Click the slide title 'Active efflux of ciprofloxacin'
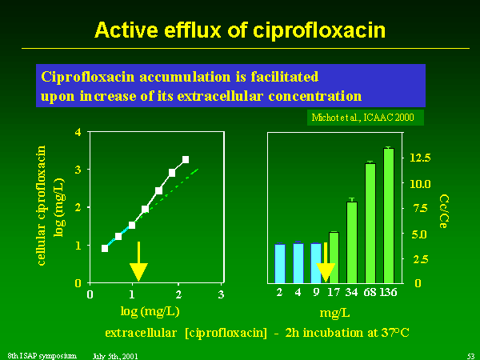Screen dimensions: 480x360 click(240, 30)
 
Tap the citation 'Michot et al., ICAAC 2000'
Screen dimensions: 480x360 click(362, 118)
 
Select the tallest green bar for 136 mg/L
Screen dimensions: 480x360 click(389, 215)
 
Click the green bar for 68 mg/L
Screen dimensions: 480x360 click(370, 223)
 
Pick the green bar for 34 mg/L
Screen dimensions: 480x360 click(352, 242)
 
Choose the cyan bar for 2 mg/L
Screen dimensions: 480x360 click(280, 263)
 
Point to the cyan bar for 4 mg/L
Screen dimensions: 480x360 click(298, 263)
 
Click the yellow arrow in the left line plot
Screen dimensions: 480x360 click(138, 262)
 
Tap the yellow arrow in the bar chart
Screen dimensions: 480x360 click(326, 262)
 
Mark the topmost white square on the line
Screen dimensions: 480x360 click(186, 159)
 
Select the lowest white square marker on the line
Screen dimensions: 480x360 click(105, 248)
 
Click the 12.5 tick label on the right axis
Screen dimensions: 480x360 click(420, 158)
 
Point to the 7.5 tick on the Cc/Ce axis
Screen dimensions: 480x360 click(420, 209)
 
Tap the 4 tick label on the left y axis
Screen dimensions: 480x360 click(78, 132)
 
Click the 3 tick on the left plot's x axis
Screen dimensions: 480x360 click(221, 294)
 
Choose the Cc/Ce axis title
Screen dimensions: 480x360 click(444, 211)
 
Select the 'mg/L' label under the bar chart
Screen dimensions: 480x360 click(334, 313)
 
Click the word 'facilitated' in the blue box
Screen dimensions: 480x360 click(285, 77)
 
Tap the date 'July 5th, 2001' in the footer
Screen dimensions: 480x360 click(115, 356)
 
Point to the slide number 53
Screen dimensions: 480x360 click(471, 356)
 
